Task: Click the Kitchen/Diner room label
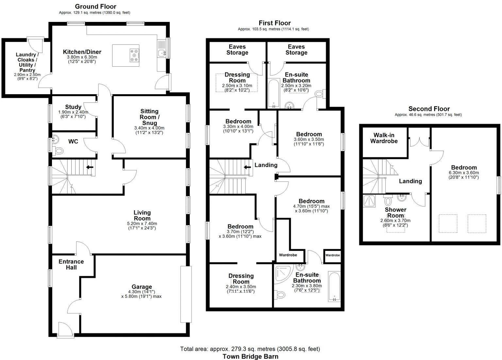tap(82, 52)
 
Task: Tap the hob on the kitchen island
tap(134, 55)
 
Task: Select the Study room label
tap(73, 107)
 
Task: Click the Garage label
tap(142, 287)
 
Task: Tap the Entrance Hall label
tap(71, 264)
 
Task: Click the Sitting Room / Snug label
tap(149, 117)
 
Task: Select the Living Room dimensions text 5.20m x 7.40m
tap(142, 224)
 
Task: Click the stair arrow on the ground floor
tap(89, 167)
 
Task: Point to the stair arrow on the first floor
tap(247, 167)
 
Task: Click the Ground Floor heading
tap(95, 7)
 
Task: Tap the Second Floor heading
tap(429, 109)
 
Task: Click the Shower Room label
tap(395, 213)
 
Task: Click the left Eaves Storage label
tap(237, 50)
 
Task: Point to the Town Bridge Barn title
tap(250, 356)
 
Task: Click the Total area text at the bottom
tap(250, 349)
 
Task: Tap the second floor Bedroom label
tap(464, 167)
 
